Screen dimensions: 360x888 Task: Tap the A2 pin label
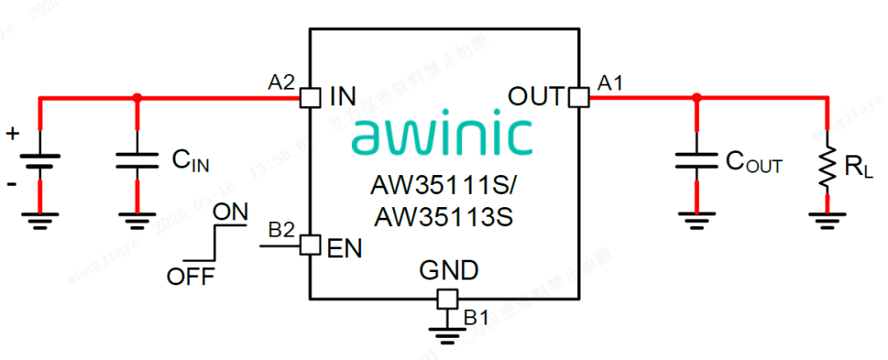tap(281, 82)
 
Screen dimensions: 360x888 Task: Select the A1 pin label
tap(610, 82)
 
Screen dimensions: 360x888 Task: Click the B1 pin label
tap(476, 316)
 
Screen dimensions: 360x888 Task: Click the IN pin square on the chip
tap(309, 98)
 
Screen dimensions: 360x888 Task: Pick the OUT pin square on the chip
tap(579, 97)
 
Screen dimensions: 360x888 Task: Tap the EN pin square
tap(309, 245)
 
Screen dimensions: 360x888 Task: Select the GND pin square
tap(446, 298)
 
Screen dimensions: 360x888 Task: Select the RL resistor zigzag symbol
tap(827, 164)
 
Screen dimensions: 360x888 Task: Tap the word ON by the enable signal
tap(229, 212)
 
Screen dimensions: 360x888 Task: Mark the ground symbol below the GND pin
tap(446, 332)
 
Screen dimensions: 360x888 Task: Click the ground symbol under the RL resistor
tap(827, 218)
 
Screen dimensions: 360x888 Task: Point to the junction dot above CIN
tap(137, 98)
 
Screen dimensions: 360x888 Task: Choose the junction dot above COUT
tap(696, 97)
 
